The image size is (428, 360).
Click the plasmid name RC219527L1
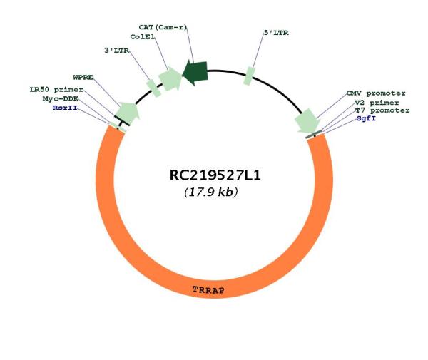pos(215,175)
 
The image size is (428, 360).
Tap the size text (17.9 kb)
pos(210,192)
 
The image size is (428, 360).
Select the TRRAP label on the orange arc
pos(208,290)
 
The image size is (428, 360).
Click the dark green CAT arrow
pos(195,73)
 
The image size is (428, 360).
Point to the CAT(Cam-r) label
pos(163,27)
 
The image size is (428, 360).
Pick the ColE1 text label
pos(143,37)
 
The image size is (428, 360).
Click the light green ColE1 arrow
pos(170,78)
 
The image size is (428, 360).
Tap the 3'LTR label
pos(116,51)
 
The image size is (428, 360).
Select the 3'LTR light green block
pos(153,88)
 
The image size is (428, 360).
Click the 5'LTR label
pos(276,33)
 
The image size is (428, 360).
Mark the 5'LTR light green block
pos(249,76)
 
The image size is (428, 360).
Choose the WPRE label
pos(83,78)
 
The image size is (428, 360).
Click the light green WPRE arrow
pos(127,112)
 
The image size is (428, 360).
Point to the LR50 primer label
pos(56,89)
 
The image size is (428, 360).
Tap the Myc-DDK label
pos(61,98)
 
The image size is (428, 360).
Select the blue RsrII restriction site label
pos(65,108)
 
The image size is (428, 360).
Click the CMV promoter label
pos(376,93)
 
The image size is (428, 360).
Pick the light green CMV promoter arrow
pos(307,121)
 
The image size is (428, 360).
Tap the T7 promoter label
pos(382,110)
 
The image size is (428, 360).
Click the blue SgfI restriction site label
pos(366,118)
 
